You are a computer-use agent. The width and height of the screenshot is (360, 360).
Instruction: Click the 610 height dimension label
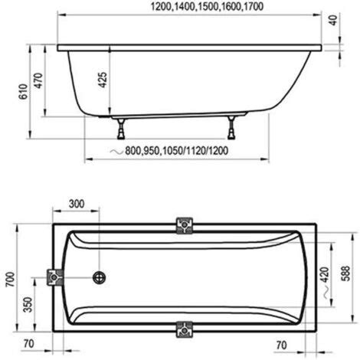coord(23,92)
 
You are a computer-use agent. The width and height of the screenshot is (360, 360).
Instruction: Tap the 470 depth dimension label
coord(38,80)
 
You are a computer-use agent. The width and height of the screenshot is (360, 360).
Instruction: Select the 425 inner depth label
coord(103,80)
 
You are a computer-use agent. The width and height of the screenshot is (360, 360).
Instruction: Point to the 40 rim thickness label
coord(333,20)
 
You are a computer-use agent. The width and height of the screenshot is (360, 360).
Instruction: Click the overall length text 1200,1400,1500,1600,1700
coord(207,6)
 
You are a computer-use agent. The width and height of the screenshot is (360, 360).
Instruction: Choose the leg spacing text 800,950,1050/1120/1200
coord(176,151)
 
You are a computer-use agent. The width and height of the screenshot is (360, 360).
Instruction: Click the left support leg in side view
coord(121,129)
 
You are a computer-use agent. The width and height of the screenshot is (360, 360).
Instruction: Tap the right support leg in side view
coord(231,128)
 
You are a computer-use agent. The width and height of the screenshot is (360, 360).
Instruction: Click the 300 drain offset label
coord(77,204)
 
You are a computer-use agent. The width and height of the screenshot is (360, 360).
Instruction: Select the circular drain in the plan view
coord(99,277)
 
